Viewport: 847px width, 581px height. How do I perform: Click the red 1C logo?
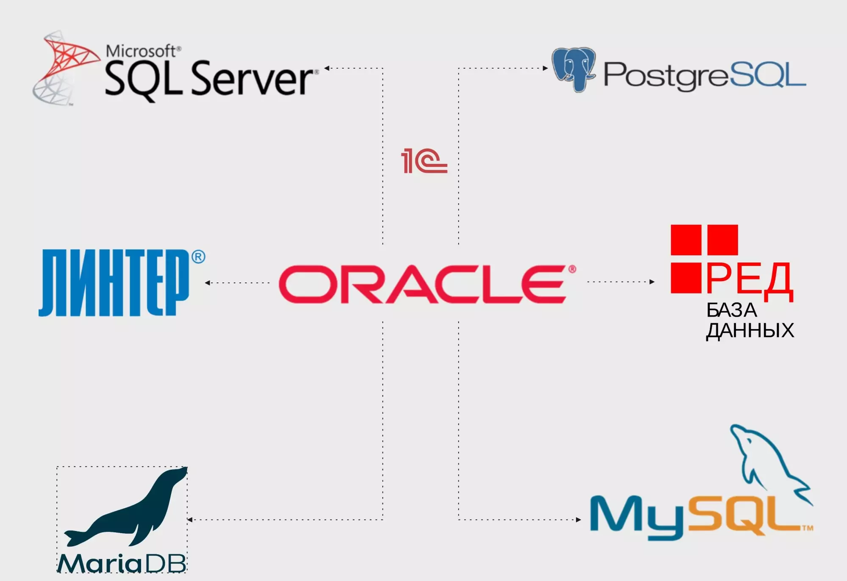tap(424, 161)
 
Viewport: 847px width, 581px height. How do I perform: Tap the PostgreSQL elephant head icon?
tap(574, 69)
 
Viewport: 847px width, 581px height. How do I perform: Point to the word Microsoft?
tap(141, 51)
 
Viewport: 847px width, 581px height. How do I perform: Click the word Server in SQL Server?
tap(252, 79)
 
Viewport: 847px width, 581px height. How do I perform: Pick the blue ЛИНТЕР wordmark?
tap(113, 282)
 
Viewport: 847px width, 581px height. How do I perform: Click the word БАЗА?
tap(731, 310)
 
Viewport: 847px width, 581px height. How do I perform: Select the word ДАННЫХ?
tap(750, 331)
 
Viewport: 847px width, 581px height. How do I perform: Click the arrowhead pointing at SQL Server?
tap(327, 68)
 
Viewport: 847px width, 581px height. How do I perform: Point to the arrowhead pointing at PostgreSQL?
tap(545, 68)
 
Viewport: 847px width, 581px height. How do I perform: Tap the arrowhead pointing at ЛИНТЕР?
tap(207, 282)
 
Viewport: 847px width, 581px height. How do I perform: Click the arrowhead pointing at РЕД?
tap(652, 282)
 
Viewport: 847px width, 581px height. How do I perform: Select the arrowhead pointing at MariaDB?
tap(190, 520)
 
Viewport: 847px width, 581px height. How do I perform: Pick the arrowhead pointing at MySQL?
tap(579, 520)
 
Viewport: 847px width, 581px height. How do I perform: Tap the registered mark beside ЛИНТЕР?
tap(198, 257)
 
